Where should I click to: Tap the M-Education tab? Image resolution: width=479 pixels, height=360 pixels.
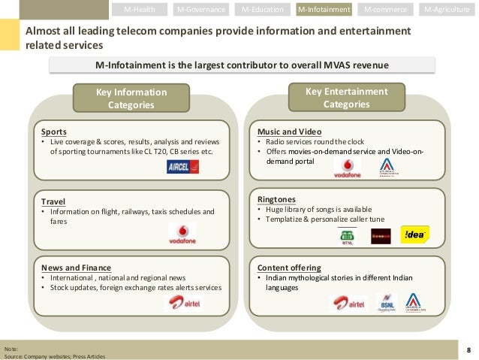point(264,10)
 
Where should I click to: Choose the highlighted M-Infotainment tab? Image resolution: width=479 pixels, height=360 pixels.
point(324,10)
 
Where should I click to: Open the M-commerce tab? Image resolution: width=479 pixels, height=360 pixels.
point(386,10)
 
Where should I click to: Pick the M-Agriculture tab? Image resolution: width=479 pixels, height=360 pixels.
point(448,10)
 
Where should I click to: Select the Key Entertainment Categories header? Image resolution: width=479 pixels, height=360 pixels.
point(346,98)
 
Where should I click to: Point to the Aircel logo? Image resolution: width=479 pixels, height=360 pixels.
point(182,168)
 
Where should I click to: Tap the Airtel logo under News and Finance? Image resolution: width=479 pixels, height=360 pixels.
point(182,303)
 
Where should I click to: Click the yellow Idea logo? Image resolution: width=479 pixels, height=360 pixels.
point(415,234)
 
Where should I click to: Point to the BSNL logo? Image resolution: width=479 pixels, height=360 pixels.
point(385,303)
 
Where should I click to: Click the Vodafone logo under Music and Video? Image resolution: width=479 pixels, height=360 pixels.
point(346,168)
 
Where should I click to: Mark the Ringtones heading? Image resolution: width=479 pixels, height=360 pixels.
point(277,199)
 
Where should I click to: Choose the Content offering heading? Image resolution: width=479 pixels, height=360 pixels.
point(289,268)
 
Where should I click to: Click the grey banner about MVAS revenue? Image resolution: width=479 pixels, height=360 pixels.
point(242,65)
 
